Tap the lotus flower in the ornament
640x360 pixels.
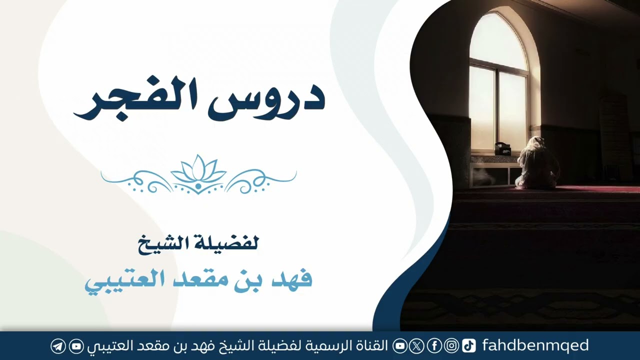[x=198, y=168]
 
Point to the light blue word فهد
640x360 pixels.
[x=291, y=278]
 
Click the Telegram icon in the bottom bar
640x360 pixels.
[x=58, y=346]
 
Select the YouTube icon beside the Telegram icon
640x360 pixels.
[x=76, y=346]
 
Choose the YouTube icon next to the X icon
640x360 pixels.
[x=400, y=346]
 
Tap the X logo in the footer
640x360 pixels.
[x=416, y=346]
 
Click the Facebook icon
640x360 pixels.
[x=434, y=346]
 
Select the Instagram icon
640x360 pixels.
[x=451, y=346]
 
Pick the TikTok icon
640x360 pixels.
[x=468, y=346]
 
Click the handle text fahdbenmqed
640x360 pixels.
[x=535, y=345]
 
